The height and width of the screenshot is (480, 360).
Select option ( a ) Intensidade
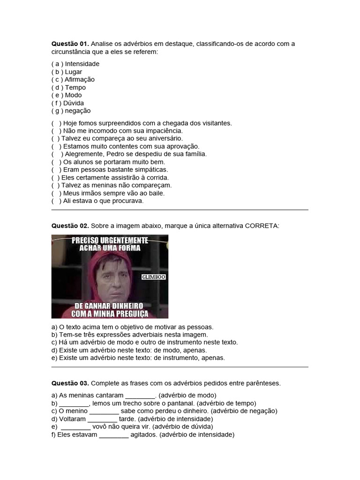(x=75, y=64)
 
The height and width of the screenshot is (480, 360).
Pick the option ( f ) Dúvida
(x=67, y=103)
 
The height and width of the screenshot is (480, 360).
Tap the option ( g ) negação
(x=71, y=111)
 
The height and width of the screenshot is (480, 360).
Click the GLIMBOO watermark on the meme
(x=154, y=277)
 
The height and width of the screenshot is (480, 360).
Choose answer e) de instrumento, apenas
(x=138, y=358)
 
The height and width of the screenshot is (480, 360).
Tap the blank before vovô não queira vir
(x=75, y=427)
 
